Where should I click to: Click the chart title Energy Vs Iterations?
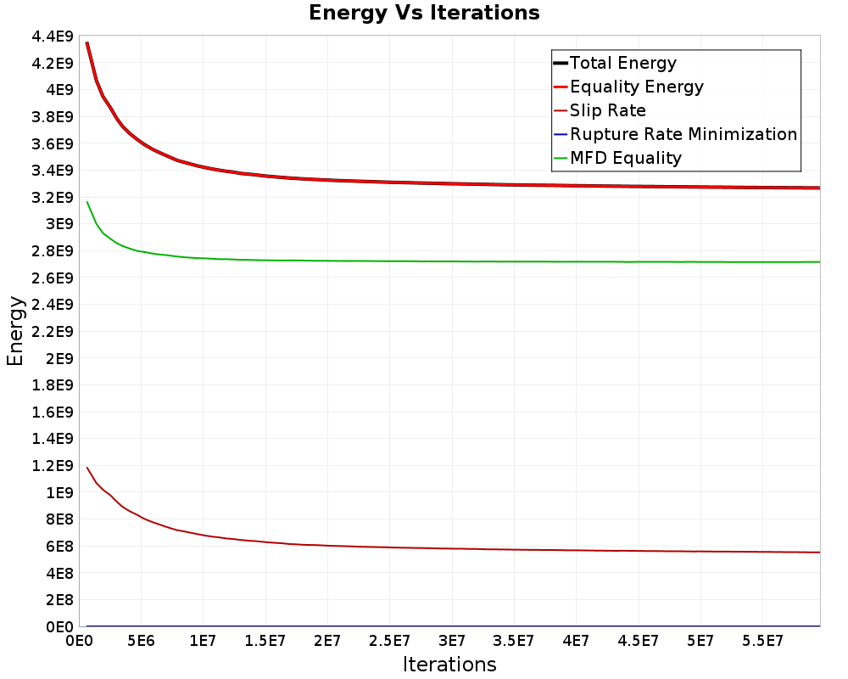tap(424, 13)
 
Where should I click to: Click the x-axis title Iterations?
tap(449, 664)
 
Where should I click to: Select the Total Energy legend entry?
tap(623, 63)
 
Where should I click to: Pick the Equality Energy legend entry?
tap(636, 87)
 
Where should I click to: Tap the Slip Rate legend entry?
tap(607, 110)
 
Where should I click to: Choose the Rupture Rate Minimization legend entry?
tap(683, 134)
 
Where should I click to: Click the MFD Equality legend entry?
tap(626, 158)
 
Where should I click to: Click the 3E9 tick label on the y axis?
tap(59, 224)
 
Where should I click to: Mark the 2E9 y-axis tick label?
tap(59, 358)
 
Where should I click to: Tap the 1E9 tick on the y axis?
tap(59, 492)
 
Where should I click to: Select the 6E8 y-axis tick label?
tap(59, 546)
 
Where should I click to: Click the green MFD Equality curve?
tap(424, 261)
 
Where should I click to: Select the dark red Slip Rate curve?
tap(424, 548)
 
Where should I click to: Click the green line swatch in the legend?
tap(560, 158)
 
